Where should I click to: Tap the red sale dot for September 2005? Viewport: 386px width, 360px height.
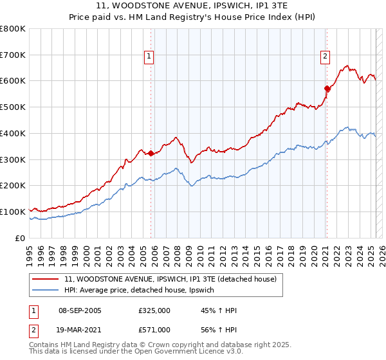coord(151,153)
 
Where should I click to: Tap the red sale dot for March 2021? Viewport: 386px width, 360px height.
coord(327,89)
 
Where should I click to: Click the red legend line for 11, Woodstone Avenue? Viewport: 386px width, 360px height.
coord(46,279)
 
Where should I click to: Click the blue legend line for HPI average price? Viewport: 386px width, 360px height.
coord(46,291)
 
